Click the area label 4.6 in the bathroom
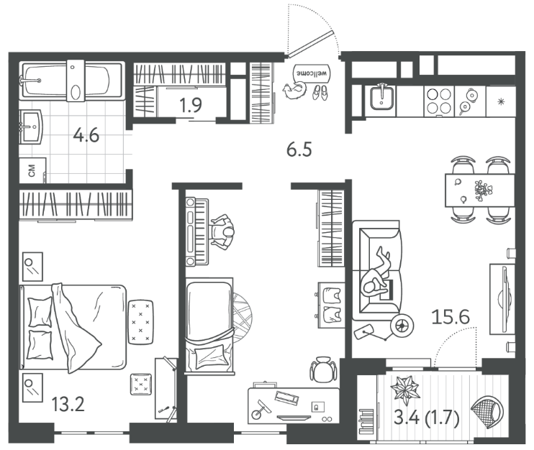click(x=86, y=135)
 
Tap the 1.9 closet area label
click(x=191, y=105)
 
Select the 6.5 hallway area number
click(x=299, y=150)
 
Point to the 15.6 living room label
click(x=451, y=317)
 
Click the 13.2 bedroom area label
click(x=68, y=405)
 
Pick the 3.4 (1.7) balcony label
click(x=427, y=418)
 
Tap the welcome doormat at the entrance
click(x=312, y=73)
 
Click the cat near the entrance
click(x=294, y=91)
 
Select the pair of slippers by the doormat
click(x=320, y=92)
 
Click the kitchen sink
click(x=381, y=98)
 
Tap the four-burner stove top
click(x=439, y=101)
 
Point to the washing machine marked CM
click(x=32, y=170)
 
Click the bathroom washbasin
click(x=31, y=127)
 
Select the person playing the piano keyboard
click(x=222, y=233)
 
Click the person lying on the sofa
click(x=377, y=272)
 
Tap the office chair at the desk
click(x=323, y=369)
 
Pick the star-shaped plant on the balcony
click(x=404, y=388)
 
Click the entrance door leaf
click(x=310, y=43)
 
